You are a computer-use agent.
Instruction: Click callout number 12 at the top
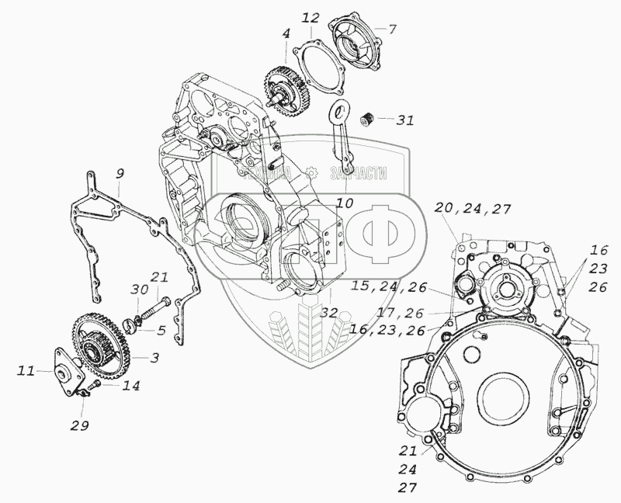point(310,16)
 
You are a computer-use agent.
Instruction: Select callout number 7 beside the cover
point(392,30)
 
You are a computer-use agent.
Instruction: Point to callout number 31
point(405,120)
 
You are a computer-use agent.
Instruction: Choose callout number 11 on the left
point(27,373)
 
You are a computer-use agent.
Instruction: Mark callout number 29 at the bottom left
point(80,425)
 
